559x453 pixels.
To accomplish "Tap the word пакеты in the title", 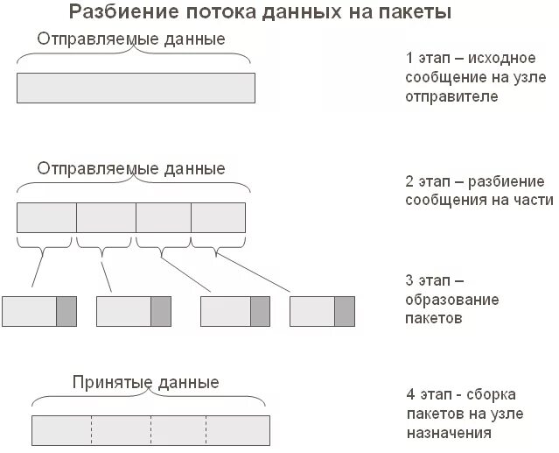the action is [416, 13].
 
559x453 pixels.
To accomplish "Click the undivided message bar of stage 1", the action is [136, 88].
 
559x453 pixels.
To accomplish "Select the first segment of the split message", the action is [47, 216].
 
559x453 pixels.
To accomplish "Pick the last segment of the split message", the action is [218, 216].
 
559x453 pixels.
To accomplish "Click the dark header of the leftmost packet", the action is [66, 311].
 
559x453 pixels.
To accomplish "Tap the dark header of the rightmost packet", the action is [345, 311].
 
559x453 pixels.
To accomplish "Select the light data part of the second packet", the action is [123, 311].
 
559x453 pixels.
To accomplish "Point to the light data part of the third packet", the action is [226, 311].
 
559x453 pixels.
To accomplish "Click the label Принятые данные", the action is [145, 383].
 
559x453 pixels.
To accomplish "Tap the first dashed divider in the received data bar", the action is [91, 430].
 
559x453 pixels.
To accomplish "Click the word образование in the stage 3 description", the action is [451, 300].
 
